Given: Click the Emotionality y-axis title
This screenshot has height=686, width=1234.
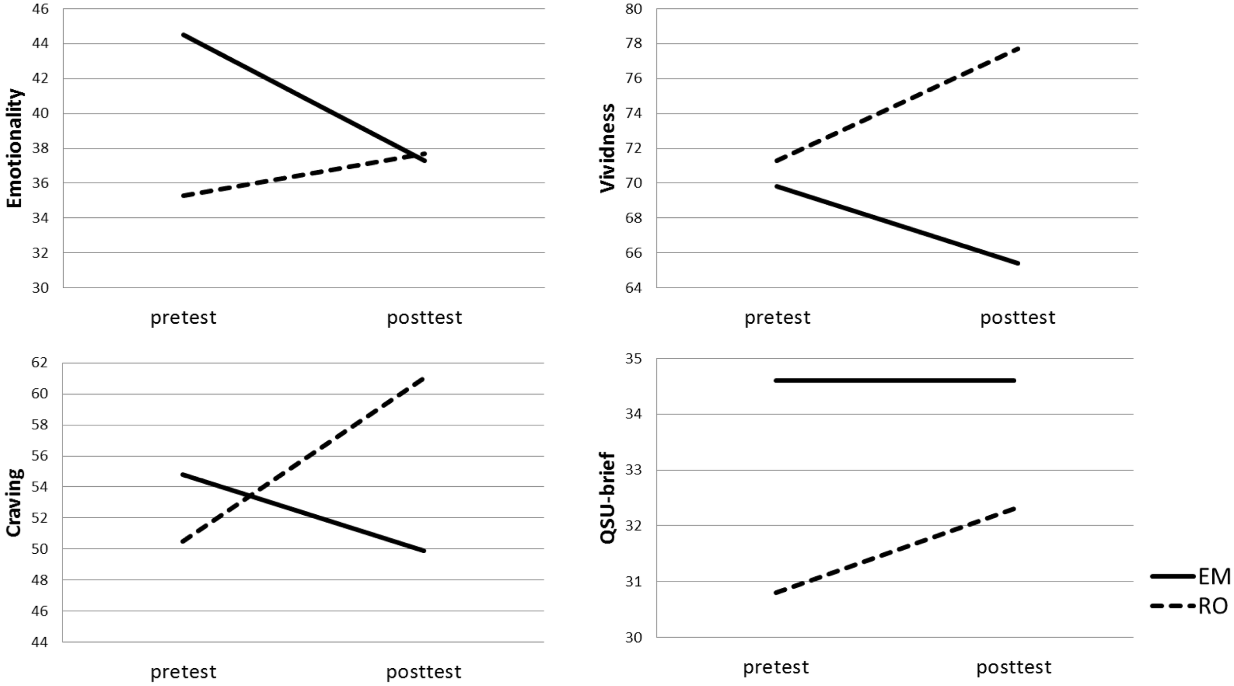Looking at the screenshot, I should (x=15, y=148).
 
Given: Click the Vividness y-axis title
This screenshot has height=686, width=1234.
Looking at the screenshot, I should (x=608, y=148).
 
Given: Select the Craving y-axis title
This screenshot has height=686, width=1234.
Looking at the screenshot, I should (x=15, y=502).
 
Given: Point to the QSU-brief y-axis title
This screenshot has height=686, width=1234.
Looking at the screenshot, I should (x=608, y=498).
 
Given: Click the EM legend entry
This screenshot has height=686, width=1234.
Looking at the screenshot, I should (x=1214, y=576).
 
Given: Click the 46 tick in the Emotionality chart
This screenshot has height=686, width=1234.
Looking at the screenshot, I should (x=40, y=9).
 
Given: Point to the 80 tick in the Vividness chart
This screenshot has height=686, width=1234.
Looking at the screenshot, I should (x=634, y=9).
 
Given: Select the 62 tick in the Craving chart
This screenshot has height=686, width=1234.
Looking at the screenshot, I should (x=40, y=363).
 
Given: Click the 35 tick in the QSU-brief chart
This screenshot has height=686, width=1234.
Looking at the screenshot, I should (x=634, y=358).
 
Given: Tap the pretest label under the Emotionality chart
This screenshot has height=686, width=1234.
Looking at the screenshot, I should (x=183, y=317).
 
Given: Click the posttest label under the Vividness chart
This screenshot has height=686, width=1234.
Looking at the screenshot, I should (x=1017, y=317).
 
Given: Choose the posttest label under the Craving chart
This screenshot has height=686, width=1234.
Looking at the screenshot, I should (x=424, y=672).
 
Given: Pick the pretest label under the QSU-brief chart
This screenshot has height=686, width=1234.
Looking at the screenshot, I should (x=776, y=667).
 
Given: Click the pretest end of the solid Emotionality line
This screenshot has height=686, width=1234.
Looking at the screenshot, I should (x=183, y=35).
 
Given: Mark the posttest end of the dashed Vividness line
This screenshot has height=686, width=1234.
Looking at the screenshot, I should (x=1017, y=48).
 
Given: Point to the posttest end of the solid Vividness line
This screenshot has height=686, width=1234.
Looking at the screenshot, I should (x=1017, y=263).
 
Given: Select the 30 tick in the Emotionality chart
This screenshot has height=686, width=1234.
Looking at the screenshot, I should (x=40, y=288).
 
